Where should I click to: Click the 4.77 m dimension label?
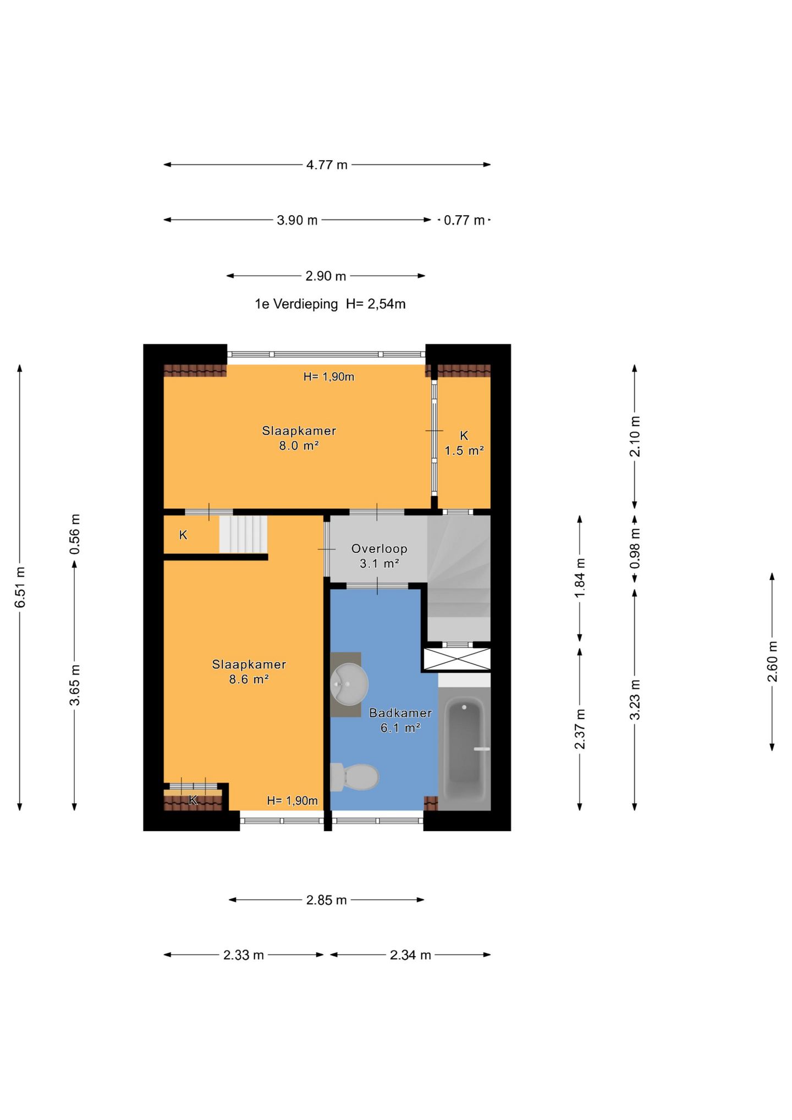[x=327, y=164]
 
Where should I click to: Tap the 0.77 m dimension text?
[x=464, y=220]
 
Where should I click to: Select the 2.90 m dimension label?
[x=326, y=276]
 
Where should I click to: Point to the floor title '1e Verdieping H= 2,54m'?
[x=330, y=304]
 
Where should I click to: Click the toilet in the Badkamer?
[x=355, y=776]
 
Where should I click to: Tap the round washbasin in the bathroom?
[x=349, y=684]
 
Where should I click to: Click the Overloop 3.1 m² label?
[x=380, y=556]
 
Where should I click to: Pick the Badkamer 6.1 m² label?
[x=400, y=720]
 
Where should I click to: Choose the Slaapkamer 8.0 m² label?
[x=299, y=438]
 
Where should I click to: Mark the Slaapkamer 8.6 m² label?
[x=249, y=671]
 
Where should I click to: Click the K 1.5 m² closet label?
[x=464, y=443]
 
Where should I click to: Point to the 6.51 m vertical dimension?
[x=20, y=587]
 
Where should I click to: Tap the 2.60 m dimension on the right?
[x=772, y=661]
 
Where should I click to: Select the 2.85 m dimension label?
[x=327, y=900]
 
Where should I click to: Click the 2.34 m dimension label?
[x=410, y=955]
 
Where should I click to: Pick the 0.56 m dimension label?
[x=75, y=534]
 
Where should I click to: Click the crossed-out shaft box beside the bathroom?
[x=457, y=660]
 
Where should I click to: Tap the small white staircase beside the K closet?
[x=243, y=534]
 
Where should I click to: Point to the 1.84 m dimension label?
[x=580, y=578]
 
